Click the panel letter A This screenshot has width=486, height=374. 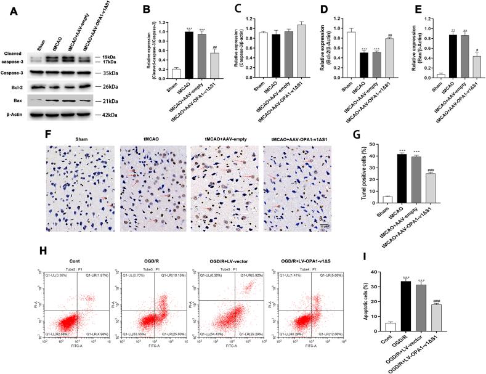[x=7, y=10]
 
